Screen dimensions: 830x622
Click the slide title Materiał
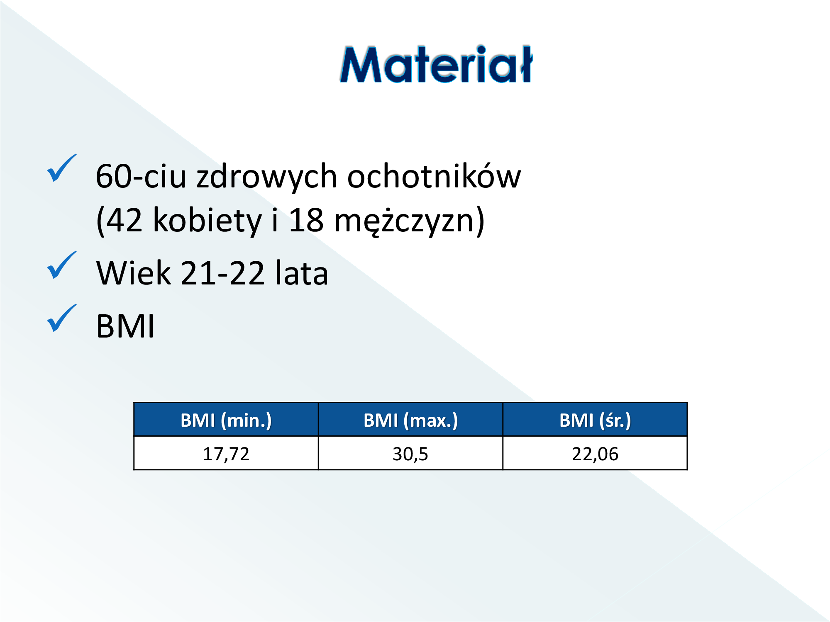(436, 64)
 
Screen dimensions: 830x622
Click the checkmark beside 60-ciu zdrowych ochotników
(61, 168)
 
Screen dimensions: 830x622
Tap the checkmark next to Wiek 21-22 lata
(61, 265)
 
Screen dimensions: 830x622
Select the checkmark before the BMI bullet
(61, 318)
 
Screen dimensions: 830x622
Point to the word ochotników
(434, 176)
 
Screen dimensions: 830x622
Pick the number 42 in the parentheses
(124, 220)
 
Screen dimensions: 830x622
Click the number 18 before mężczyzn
(306, 220)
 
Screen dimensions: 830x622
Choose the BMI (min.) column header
(226, 420)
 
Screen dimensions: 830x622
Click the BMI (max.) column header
(411, 420)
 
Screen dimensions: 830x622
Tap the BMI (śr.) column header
(595, 420)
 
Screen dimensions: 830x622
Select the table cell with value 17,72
(226, 453)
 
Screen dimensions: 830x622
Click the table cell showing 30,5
(410, 453)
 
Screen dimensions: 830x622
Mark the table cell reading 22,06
(595, 453)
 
